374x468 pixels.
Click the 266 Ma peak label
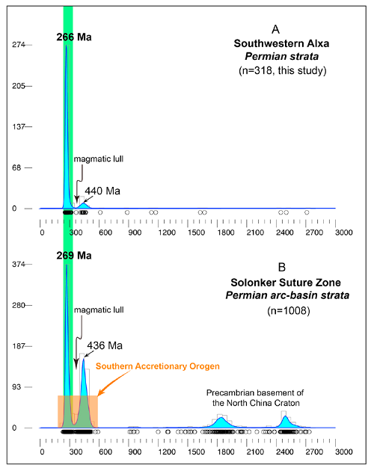tap(74, 37)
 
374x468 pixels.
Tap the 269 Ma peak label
tap(74, 256)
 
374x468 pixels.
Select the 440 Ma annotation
tap(102, 191)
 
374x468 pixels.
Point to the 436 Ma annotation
tap(105, 345)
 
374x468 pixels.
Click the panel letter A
tap(275, 30)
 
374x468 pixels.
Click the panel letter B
tap(282, 267)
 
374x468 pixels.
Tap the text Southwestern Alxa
tap(281, 43)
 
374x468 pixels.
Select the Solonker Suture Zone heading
tap(286, 283)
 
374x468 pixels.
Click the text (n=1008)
tap(289, 311)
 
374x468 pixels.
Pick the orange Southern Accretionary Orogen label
tap(157, 366)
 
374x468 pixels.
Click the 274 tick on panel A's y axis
tap(19, 45)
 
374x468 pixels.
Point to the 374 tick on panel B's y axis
tap(19, 264)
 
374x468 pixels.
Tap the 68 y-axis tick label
tap(16, 167)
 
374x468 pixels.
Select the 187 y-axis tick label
tap(19, 346)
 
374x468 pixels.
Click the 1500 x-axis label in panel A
tap(196, 233)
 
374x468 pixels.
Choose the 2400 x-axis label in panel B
tap(285, 452)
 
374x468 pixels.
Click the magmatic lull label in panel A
tap(99, 158)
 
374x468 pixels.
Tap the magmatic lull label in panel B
tap(99, 310)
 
